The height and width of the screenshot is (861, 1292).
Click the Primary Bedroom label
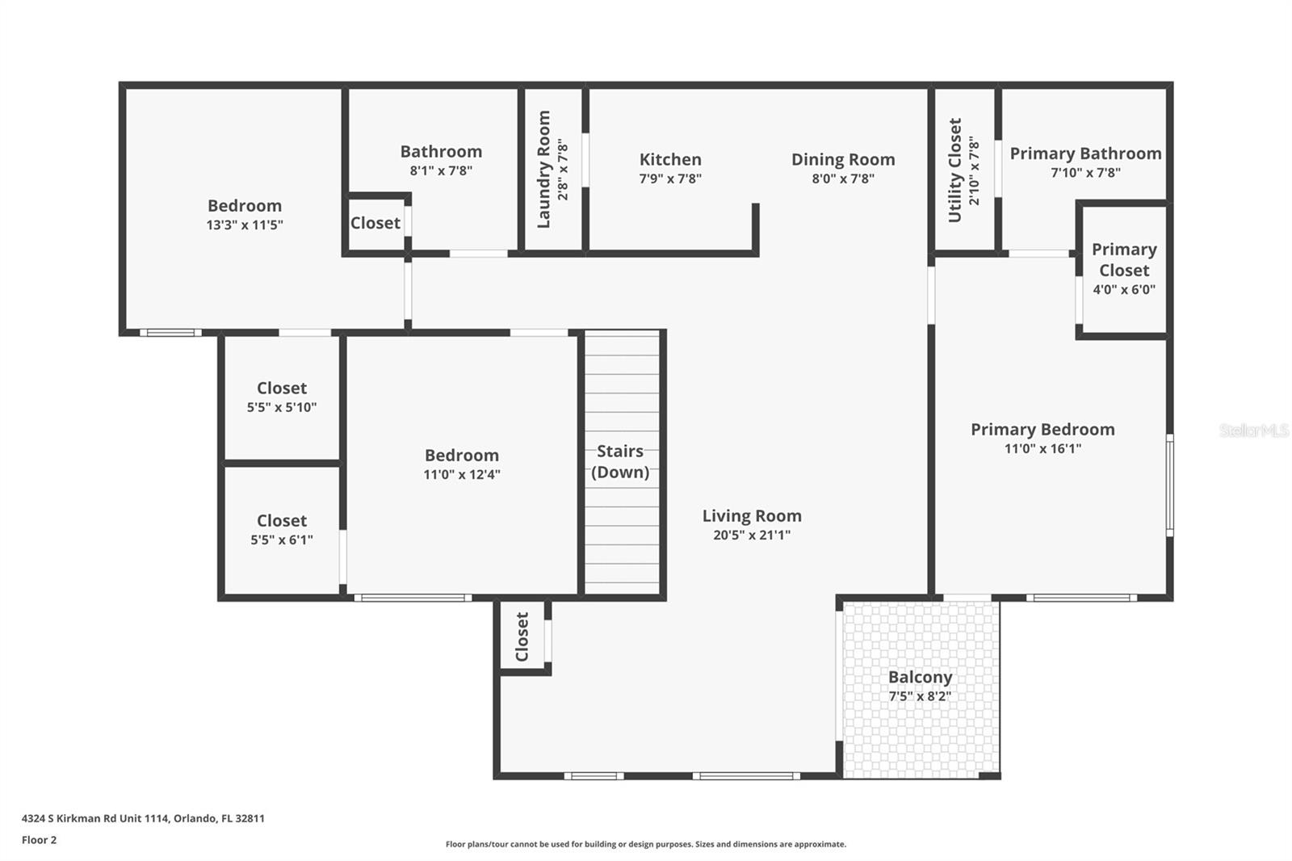coord(1042,430)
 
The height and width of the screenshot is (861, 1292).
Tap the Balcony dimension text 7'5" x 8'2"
coord(920,696)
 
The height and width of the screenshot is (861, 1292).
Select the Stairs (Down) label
coord(620,461)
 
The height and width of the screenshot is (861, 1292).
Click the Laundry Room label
coord(544,170)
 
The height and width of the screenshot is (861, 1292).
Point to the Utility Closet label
coord(955,170)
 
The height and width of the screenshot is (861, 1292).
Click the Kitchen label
coord(670,160)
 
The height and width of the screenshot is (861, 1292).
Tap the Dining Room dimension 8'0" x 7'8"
coord(843,178)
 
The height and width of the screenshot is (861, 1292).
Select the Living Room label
coord(752,516)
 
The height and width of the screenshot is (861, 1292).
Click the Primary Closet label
coord(1124,259)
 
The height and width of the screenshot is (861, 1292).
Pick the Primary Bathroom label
coord(1085,153)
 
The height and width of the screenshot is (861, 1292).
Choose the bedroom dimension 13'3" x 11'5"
coord(245,225)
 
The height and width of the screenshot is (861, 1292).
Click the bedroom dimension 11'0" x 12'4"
coord(462,475)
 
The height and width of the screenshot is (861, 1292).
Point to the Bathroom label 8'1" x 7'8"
coord(441,152)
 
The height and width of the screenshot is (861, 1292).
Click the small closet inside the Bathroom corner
coord(375,223)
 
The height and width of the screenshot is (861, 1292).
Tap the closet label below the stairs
coord(522,636)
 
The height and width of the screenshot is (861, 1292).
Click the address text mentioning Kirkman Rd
coord(143,818)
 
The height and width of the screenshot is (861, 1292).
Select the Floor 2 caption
coord(39,840)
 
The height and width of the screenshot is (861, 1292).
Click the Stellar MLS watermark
coord(1253,430)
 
